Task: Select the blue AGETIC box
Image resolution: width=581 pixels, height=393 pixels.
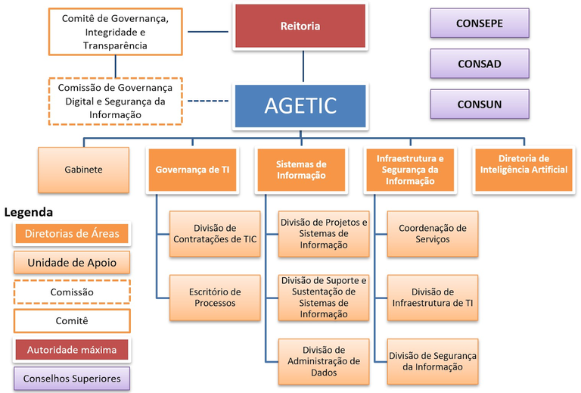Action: point(300,104)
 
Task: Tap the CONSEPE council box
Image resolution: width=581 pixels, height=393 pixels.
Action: point(479,23)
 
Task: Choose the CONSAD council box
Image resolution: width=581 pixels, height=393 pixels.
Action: point(479,64)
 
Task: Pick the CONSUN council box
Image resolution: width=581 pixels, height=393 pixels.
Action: point(479,104)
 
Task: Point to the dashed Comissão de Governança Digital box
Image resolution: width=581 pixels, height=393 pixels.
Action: point(116,101)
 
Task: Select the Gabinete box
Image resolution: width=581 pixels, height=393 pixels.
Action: point(83,170)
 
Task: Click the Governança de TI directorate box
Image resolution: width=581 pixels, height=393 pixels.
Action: point(192,170)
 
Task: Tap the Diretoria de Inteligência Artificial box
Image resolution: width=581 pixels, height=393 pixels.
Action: point(521,164)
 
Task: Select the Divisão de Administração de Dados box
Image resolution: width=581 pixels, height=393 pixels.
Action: point(324,361)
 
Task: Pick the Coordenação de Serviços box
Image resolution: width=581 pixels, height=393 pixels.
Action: point(432,233)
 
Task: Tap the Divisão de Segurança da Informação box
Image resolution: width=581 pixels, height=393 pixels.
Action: point(432,361)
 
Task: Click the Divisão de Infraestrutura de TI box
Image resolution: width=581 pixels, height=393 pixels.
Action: point(432,297)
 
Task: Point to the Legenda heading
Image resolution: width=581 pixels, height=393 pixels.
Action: point(29,213)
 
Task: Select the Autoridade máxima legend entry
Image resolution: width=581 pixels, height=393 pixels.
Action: point(72,350)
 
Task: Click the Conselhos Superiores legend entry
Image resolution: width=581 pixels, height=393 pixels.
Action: point(72,378)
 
